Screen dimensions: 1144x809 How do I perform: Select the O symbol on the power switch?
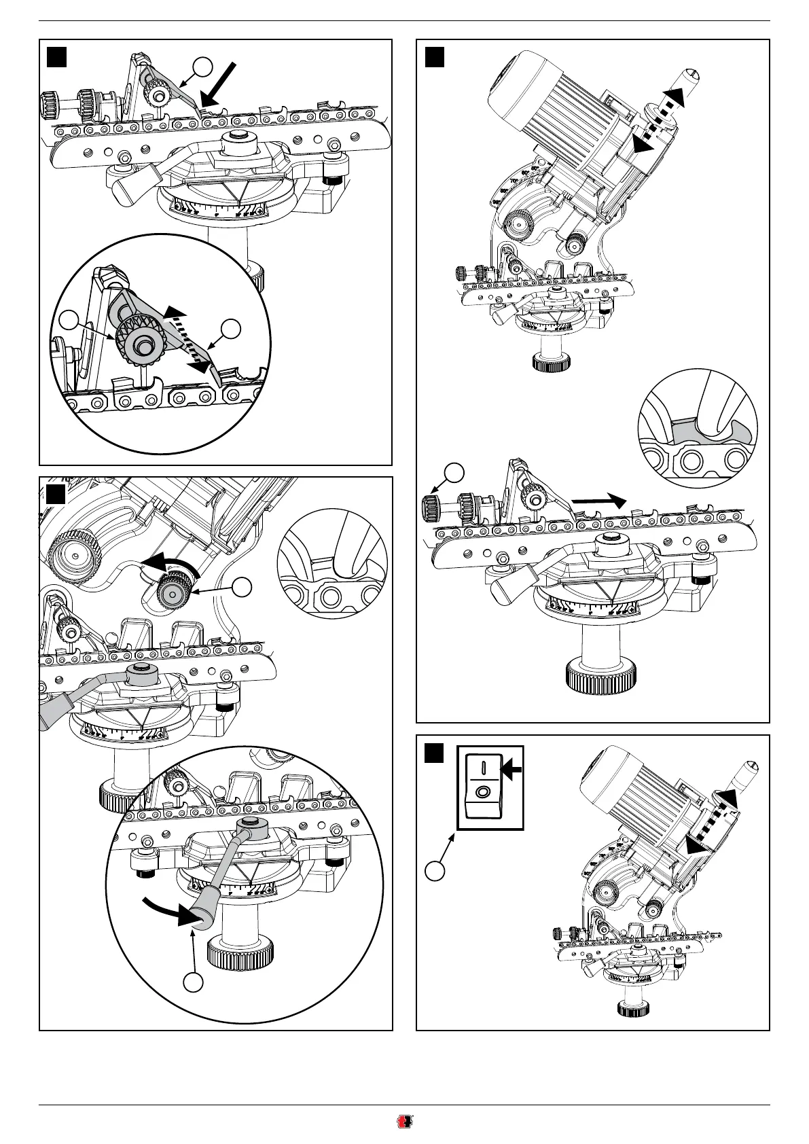(x=483, y=792)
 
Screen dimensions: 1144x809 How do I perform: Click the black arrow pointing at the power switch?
(x=513, y=768)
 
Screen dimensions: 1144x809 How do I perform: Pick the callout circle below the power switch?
(x=436, y=870)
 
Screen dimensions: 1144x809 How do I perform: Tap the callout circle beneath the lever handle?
(x=194, y=982)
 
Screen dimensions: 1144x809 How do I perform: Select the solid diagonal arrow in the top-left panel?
(x=219, y=85)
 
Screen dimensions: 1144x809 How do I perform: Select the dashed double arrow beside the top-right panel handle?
(x=657, y=119)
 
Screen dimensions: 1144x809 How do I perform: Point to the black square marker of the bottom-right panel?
(x=435, y=753)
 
